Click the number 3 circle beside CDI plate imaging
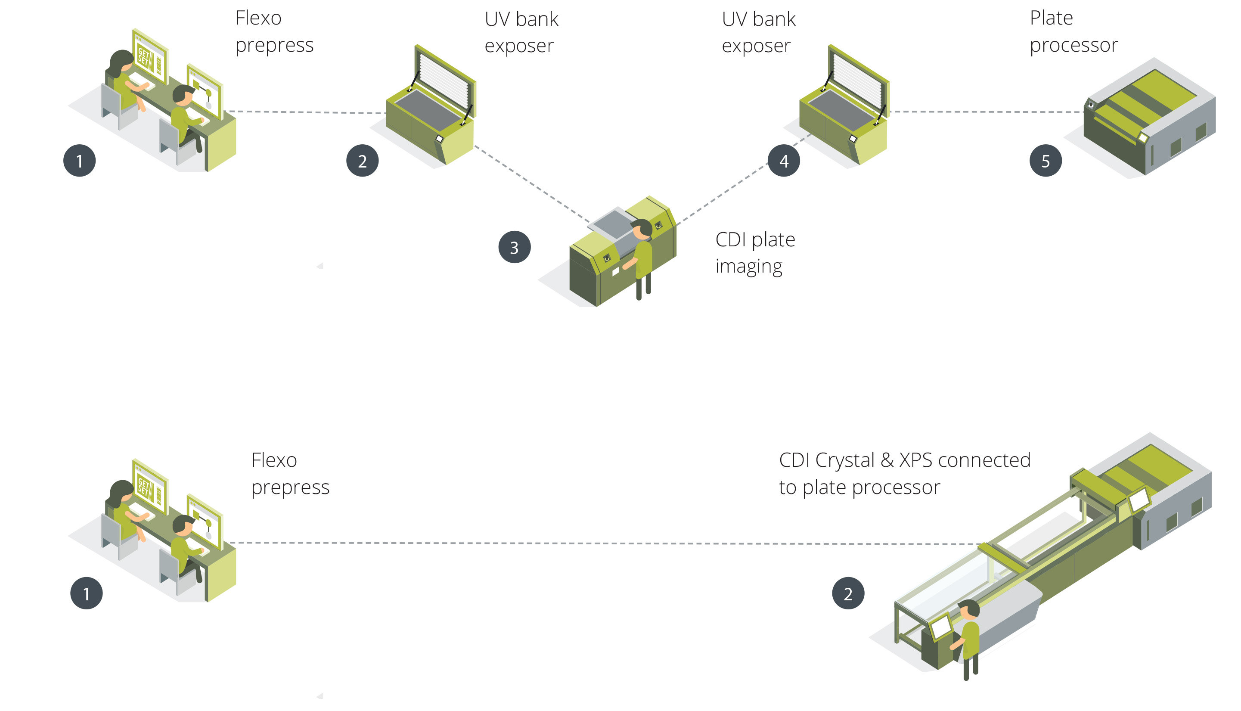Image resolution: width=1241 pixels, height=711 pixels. pyautogui.click(x=514, y=247)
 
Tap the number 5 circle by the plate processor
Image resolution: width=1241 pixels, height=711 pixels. pyautogui.click(x=1045, y=161)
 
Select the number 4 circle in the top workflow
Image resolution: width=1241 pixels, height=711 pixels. pyautogui.click(x=784, y=161)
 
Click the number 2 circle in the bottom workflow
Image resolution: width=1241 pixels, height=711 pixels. pyautogui.click(x=848, y=593)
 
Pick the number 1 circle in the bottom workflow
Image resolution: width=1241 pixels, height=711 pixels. pyautogui.click(x=87, y=593)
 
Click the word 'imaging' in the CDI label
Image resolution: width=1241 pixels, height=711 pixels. pyautogui.click(x=748, y=267)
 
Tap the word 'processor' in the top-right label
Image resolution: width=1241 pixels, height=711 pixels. pyautogui.click(x=1073, y=45)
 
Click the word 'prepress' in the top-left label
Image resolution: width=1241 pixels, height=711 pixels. pyautogui.click(x=274, y=45)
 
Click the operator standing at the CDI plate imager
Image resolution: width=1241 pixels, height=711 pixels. pyautogui.click(x=642, y=256)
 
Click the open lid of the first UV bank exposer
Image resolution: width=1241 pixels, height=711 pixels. pyautogui.click(x=444, y=78)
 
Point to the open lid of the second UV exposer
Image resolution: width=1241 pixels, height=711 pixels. pyautogui.click(x=858, y=78)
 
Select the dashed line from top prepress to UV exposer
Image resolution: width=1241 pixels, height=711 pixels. pyautogui.click(x=307, y=112)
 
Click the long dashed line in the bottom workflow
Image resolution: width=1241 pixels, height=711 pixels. pyautogui.click(x=586, y=543)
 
